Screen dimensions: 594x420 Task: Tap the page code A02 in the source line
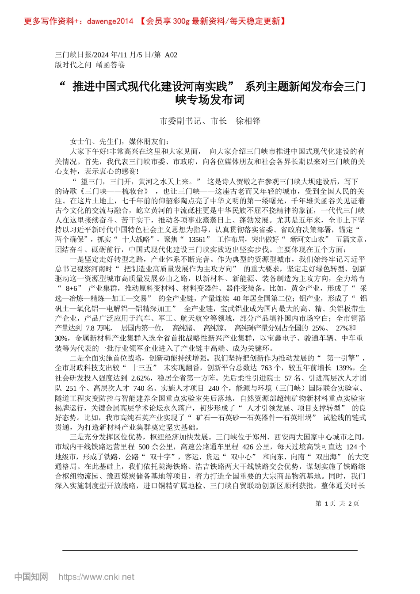pyautogui.click(x=171, y=55)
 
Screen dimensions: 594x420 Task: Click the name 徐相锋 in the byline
pyautogui.click(x=248, y=121)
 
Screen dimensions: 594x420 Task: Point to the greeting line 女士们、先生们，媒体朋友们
pyautogui.click(x=119, y=141)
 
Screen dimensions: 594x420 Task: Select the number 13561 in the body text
pyautogui.click(x=197, y=239)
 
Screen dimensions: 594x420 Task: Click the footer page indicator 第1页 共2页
pyautogui.click(x=337, y=503)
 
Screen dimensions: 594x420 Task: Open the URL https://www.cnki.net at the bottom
pyautogui.click(x=96, y=577)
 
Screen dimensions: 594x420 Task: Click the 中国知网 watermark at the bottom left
pyautogui.click(x=31, y=577)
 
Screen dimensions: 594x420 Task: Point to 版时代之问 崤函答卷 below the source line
pyautogui.click(x=90, y=65)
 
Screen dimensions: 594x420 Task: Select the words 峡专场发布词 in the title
pyautogui.click(x=210, y=100)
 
